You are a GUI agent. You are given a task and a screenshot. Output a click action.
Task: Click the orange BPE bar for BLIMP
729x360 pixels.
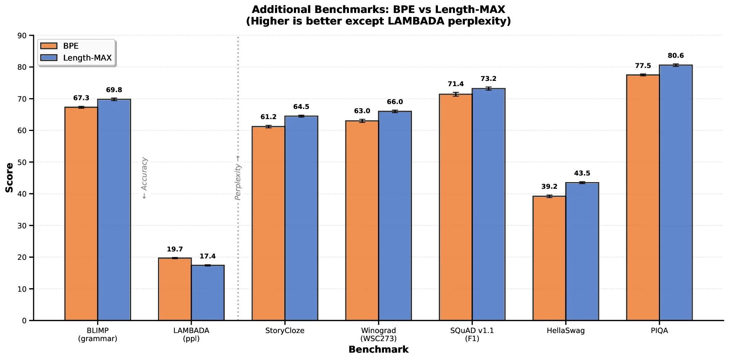81,214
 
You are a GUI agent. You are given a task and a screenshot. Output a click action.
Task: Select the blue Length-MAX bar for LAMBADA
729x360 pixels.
208,293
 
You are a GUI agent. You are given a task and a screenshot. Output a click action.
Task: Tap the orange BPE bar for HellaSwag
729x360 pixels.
549,258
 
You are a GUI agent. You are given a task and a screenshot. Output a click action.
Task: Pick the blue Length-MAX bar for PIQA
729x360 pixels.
676,193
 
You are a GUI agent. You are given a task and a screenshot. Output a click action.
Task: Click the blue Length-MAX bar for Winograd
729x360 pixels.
395,216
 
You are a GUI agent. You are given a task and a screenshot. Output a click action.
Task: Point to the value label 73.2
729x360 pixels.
488,79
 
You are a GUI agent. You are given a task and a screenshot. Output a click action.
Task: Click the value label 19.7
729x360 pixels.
175,249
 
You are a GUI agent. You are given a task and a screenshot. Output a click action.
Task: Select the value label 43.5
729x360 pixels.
582,173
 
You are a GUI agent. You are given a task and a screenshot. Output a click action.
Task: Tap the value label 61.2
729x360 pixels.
268,117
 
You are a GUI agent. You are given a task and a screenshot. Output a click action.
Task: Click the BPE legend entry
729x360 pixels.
70,46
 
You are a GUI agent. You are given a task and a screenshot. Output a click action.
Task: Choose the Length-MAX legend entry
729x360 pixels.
87,58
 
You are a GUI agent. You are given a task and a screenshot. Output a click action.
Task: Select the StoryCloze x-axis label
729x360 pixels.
285,331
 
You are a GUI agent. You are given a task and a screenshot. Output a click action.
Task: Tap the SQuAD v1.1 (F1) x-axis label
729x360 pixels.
472,334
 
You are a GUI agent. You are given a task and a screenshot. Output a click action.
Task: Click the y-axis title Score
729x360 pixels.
9,178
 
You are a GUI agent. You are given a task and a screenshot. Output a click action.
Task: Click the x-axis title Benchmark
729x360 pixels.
378,349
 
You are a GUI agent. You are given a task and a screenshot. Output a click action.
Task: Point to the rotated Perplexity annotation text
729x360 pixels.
238,178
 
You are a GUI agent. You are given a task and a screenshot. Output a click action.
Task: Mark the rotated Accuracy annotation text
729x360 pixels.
144,178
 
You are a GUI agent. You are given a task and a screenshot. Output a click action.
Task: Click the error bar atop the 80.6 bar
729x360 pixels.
676,65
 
